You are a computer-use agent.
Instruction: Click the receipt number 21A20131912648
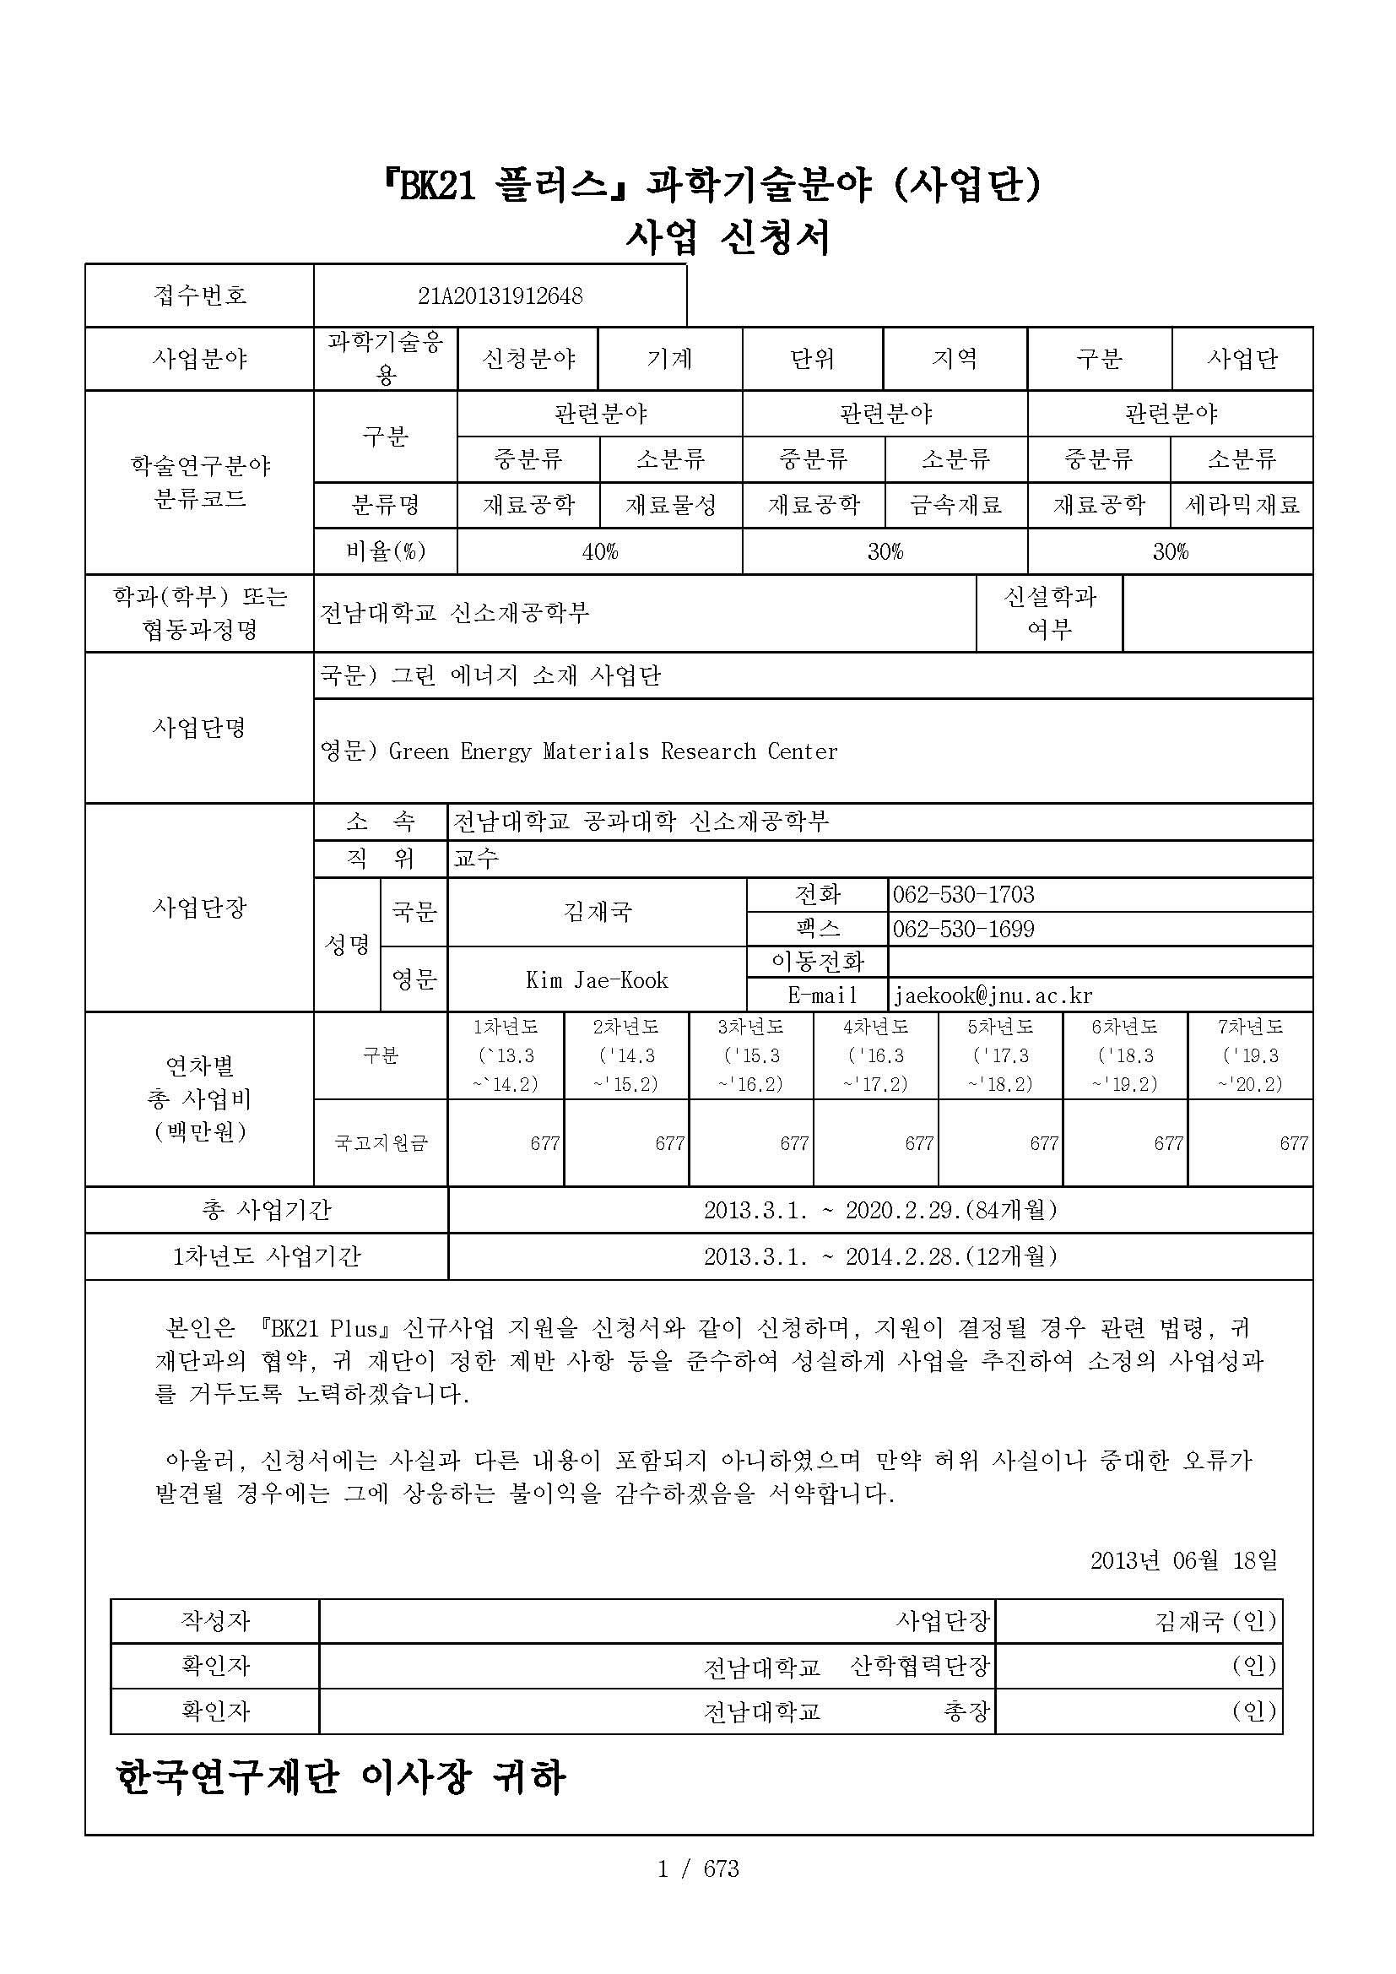(501, 296)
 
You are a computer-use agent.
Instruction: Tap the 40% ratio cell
(599, 552)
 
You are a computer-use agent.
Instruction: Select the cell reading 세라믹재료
(1242, 506)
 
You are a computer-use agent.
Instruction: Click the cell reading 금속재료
(956, 506)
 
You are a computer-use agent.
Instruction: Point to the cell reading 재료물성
(670, 506)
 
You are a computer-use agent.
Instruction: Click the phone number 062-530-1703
(963, 895)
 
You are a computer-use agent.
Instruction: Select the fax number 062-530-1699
(963, 930)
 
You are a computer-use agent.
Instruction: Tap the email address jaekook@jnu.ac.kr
(993, 995)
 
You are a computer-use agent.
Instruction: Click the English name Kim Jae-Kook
(597, 980)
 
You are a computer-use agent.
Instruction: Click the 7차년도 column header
(1250, 1027)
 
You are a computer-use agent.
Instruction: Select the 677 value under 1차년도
(545, 1143)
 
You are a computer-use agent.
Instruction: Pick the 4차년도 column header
(875, 1027)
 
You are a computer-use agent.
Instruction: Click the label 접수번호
(199, 296)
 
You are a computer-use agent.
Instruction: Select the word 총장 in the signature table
(966, 1711)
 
